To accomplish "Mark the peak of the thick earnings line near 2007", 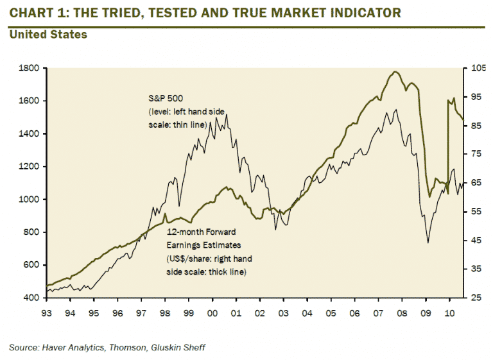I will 395,72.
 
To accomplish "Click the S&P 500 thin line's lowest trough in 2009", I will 428,243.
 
